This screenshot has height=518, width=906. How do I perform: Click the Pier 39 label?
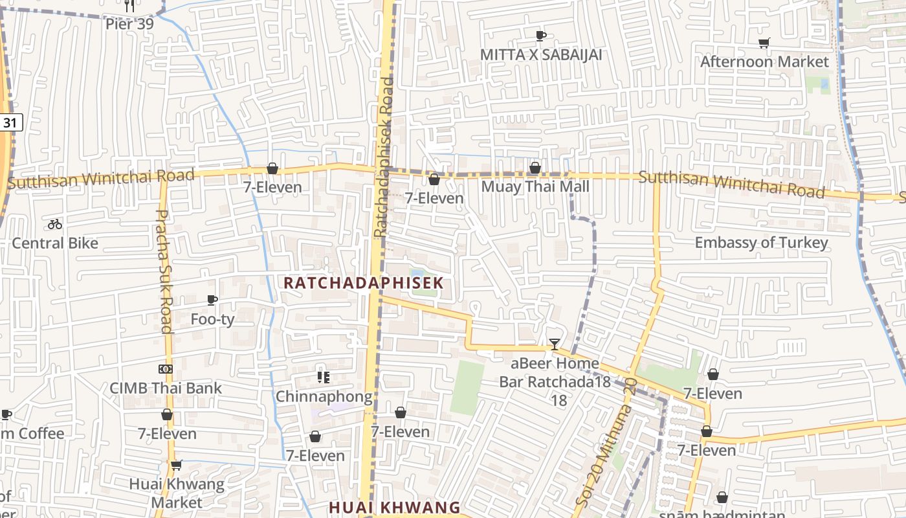tap(129, 24)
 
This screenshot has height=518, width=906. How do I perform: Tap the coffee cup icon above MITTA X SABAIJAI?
tap(541, 36)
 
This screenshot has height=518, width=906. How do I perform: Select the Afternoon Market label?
tap(764, 62)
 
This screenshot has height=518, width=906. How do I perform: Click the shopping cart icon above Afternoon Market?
tap(764, 43)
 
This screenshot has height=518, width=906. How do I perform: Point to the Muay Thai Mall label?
tap(535, 186)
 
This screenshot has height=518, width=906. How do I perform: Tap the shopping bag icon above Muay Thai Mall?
tap(535, 168)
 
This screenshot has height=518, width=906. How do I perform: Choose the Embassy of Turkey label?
tap(761, 243)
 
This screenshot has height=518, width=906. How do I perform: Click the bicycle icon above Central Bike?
tap(55, 224)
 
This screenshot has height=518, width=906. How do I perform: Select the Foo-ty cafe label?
tap(212, 319)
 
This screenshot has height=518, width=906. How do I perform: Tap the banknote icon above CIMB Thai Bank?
tap(166, 369)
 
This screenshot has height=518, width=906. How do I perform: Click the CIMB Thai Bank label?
tap(166, 388)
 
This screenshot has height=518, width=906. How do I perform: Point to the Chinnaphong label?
tap(324, 396)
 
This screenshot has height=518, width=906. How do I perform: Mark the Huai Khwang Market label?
tap(177, 493)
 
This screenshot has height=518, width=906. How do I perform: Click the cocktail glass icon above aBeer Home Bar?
tap(555, 344)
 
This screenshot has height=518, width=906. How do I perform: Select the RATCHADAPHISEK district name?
tap(364, 283)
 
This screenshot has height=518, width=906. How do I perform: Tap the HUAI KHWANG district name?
tap(394, 507)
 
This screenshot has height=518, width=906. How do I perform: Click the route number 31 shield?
tap(10, 122)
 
